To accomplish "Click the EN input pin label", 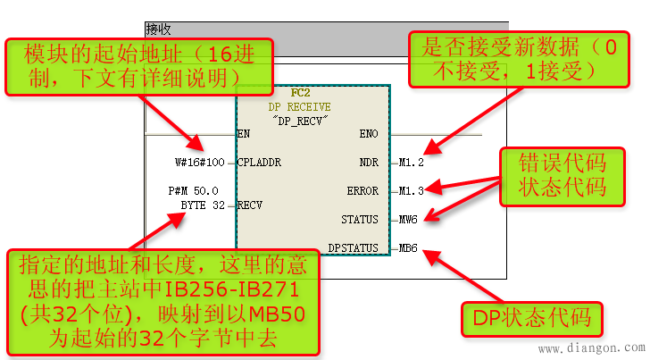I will [243, 134].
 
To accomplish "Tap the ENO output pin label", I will [369, 134].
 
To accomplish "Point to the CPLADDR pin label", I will [259, 163].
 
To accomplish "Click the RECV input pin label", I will [249, 205].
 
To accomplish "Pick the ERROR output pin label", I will [363, 190].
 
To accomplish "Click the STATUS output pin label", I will [360, 219].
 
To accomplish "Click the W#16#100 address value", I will [200, 163].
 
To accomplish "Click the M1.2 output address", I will [412, 163].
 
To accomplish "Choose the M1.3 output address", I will [412, 190].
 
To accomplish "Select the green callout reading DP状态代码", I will [531, 319].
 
